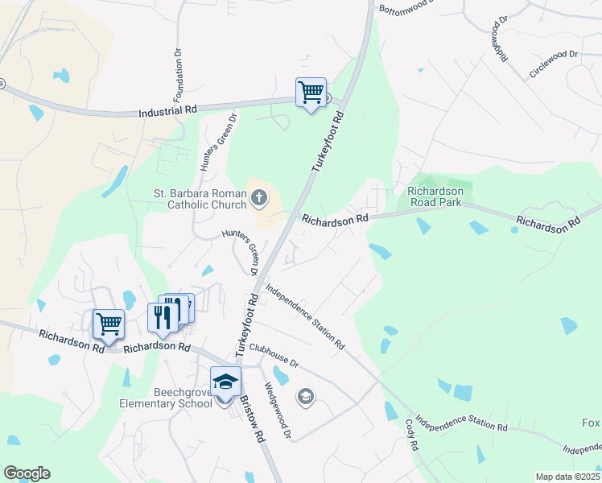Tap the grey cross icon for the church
click(260, 196)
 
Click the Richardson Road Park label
click(435, 196)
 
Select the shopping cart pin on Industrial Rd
click(311, 92)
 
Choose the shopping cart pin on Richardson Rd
click(109, 324)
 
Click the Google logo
click(27, 473)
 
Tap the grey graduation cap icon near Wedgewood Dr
click(305, 395)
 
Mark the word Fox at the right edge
click(591, 423)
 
